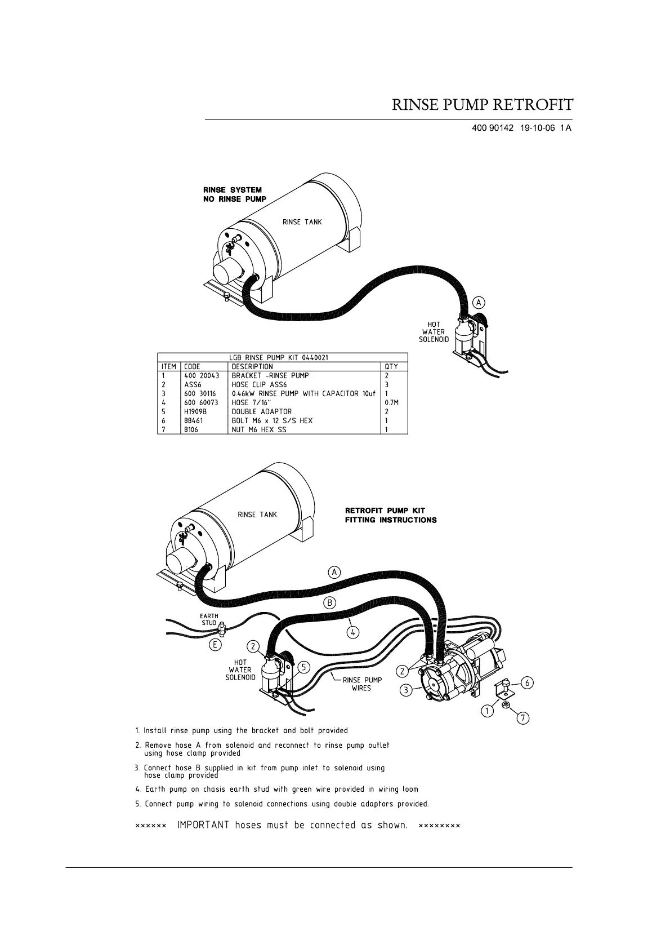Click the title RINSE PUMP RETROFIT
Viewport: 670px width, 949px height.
point(483,105)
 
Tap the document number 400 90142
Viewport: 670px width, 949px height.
point(493,128)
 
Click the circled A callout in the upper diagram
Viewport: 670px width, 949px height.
point(479,303)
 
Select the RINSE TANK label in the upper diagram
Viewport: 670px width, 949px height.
point(302,222)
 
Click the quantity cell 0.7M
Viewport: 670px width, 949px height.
point(391,402)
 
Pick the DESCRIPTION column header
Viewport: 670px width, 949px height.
point(252,366)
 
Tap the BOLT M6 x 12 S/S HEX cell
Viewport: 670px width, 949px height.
point(272,420)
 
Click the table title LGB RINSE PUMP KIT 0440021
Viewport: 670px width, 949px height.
point(279,357)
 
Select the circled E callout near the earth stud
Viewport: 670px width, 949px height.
point(215,645)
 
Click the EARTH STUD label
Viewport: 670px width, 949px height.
point(209,619)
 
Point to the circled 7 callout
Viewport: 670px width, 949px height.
point(524,718)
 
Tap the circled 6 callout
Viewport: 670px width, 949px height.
point(527,683)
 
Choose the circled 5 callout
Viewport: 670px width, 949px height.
point(303,667)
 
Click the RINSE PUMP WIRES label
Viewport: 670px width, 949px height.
point(362,684)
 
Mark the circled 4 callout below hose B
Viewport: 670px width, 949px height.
point(352,632)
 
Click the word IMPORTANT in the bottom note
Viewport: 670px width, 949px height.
point(203,826)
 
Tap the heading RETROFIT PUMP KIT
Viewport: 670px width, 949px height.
point(385,511)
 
